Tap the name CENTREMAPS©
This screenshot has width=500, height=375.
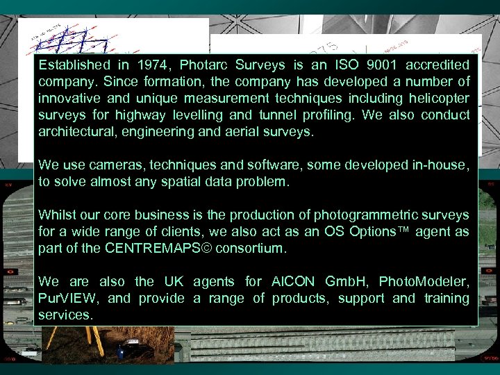[153, 249]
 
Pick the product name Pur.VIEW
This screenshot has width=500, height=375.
[69, 299]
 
